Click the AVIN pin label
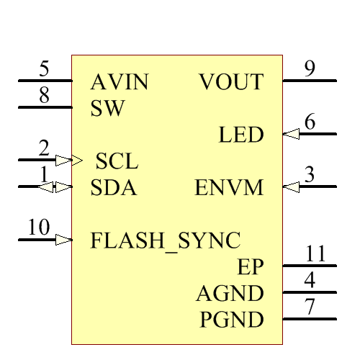coord(120,83)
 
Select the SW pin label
coord(108,109)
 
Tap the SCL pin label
coord(117,161)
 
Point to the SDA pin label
coord(114,189)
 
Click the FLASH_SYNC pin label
coord(166,240)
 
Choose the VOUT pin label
coord(231,83)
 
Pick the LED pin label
coord(241,135)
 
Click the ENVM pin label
coord(229,189)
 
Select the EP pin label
coord(251,267)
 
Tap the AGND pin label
coord(230,293)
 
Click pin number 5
coord(45,70)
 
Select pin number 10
coord(40,228)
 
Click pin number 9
coord(310,70)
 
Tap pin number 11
coord(315,254)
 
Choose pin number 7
coord(310,306)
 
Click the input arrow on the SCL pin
coord(64,160)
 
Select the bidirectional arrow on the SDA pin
coord(55,187)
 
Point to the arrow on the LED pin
coord(291,134)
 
